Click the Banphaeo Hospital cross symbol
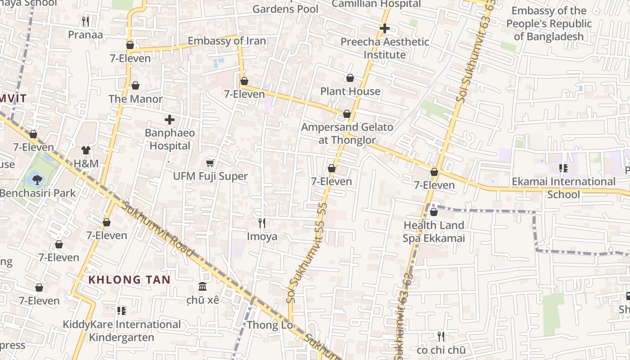tap(170, 120)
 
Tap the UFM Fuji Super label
tap(211, 176)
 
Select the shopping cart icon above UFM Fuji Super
tap(210, 163)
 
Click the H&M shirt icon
tap(86, 150)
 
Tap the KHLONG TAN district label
tap(129, 279)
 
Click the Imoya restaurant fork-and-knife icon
tap(262, 223)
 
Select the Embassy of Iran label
tap(227, 41)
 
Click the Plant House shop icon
tap(350, 78)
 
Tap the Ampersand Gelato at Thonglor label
tap(347, 134)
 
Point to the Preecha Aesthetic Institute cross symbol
tap(384, 28)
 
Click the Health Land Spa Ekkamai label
tap(434, 232)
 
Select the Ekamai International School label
tap(563, 188)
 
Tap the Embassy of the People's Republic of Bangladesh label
tap(549, 23)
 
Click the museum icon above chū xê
tap(202, 287)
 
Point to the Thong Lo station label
tap(270, 325)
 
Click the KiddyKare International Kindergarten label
tap(121, 331)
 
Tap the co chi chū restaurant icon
tap(441, 336)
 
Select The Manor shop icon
tap(135, 85)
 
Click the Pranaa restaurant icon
tap(85, 21)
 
